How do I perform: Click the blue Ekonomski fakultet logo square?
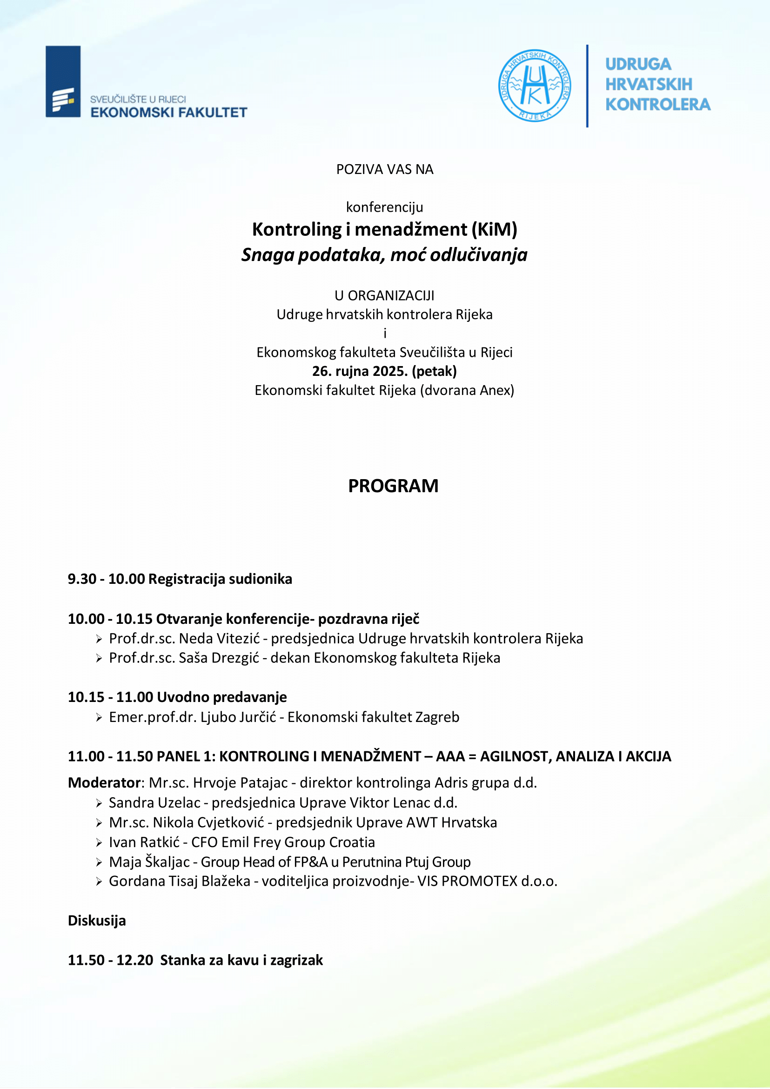point(63,81)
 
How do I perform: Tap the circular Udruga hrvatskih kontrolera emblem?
point(534,86)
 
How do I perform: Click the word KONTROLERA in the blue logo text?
point(657,105)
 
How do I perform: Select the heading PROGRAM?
point(393,486)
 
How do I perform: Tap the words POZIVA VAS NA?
point(385,169)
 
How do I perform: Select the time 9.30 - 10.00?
point(106,579)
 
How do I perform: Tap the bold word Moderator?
point(104,782)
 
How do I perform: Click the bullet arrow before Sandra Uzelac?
point(99,803)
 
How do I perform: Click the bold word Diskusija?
point(97,921)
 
